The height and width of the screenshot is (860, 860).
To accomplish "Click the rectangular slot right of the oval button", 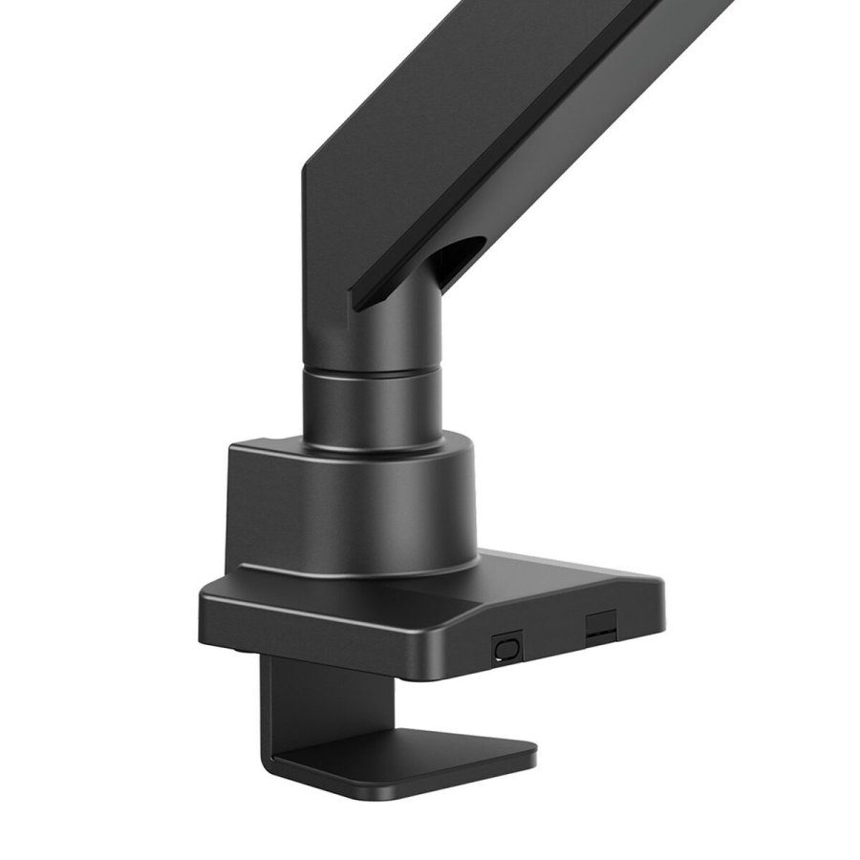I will click(x=599, y=625).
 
